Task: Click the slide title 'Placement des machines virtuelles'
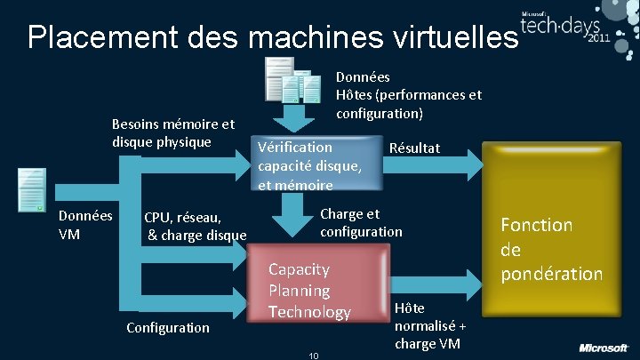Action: (272, 37)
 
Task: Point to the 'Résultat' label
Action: (414, 147)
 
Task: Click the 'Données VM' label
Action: (85, 225)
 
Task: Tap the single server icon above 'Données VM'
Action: (32, 189)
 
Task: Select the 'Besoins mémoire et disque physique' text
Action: (173, 133)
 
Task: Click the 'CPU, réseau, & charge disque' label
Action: (196, 226)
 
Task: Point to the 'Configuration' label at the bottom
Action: (168, 327)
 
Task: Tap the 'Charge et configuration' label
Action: (361, 222)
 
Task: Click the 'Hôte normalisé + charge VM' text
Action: (429, 325)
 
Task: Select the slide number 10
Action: (313, 356)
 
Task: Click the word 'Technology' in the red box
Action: (310, 312)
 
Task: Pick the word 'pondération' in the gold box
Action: (551, 274)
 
